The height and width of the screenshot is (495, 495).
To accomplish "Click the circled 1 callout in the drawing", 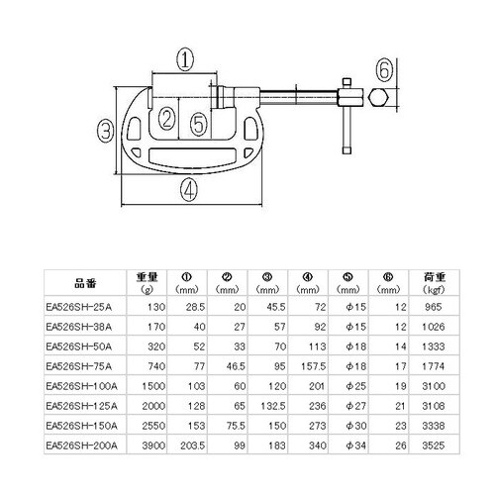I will pos(184,58).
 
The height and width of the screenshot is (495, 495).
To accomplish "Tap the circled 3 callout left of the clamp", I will pos(104,129).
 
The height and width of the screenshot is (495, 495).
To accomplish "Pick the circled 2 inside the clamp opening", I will pos(166,121).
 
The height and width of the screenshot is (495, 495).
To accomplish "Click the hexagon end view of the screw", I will pos(380,99).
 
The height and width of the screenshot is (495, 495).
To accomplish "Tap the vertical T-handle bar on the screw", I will pos(346,115).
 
